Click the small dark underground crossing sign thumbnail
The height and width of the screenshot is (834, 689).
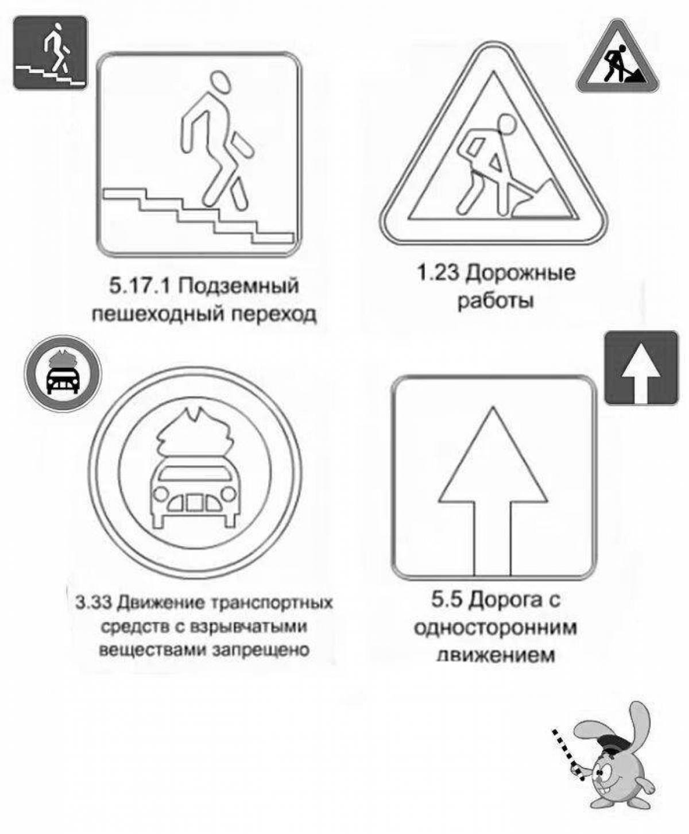click(51, 53)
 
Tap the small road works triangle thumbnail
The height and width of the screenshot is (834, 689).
click(617, 58)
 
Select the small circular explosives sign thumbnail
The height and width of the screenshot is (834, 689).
click(63, 373)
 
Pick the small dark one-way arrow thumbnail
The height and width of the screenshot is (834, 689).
click(641, 368)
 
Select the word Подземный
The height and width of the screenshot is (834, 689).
click(238, 288)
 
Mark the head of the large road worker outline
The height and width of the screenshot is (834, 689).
click(506, 125)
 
